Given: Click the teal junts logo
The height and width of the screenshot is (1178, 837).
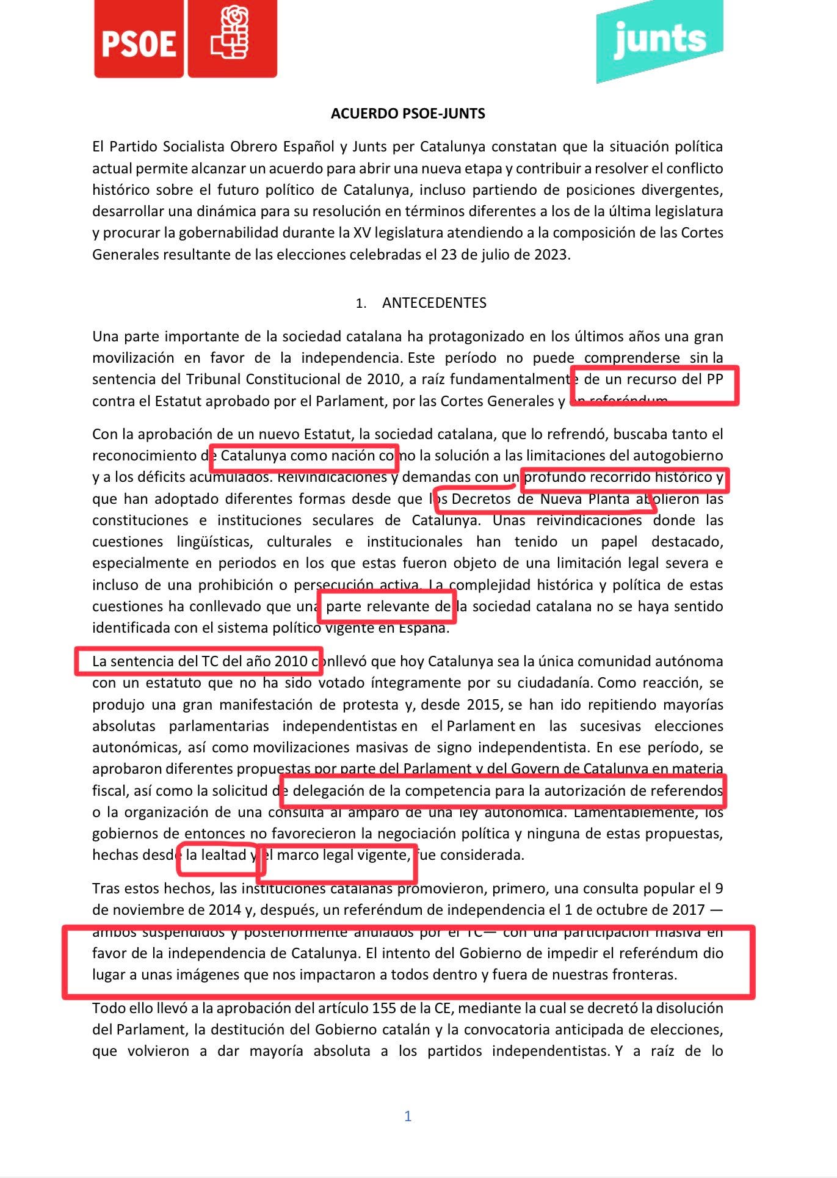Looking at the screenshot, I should click(659, 40).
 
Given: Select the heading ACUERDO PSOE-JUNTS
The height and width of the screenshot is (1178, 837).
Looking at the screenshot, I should click(408, 114).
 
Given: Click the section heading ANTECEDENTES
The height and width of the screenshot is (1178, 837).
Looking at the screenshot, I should click(434, 303).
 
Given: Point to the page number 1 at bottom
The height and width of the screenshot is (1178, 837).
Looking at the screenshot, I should click(408, 1116).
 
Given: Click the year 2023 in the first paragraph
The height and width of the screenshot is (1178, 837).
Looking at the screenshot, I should click(551, 254).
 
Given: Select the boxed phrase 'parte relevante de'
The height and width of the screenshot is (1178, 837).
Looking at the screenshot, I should click(388, 606).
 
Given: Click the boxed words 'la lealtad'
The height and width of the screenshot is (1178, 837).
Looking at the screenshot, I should click(216, 855).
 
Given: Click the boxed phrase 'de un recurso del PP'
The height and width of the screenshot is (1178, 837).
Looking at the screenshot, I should click(653, 379).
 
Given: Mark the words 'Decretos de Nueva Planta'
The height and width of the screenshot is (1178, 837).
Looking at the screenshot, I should click(540, 499).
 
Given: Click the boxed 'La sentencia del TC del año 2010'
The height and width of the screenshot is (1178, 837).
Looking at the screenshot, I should click(200, 661).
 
